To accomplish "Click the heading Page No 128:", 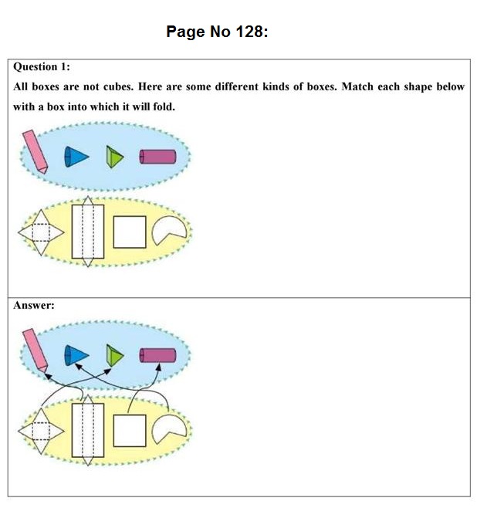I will pos(217,32).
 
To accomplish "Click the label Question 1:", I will pos(42,67).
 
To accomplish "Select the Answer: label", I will pos(34,305).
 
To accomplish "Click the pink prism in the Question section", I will pos(35,151).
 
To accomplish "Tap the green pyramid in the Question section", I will pos(115,158).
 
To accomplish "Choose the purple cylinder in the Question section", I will pos(157,157).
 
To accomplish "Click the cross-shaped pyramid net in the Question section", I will pos(35,233).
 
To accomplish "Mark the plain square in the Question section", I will pos(130,232).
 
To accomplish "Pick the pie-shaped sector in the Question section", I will pos(167,230).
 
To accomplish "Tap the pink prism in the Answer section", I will pos(35,349).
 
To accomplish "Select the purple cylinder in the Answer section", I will pos(157,355).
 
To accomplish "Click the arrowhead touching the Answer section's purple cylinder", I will pos(157,367).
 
